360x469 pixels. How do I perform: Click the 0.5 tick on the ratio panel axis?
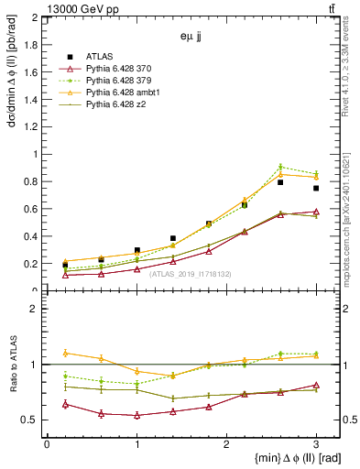(x=34, y=420)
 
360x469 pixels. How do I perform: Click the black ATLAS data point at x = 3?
(x=316, y=189)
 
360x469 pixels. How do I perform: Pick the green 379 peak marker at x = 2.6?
(x=280, y=167)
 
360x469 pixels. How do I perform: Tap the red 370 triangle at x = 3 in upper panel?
(x=316, y=212)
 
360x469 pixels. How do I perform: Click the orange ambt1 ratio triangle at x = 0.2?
(x=65, y=353)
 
